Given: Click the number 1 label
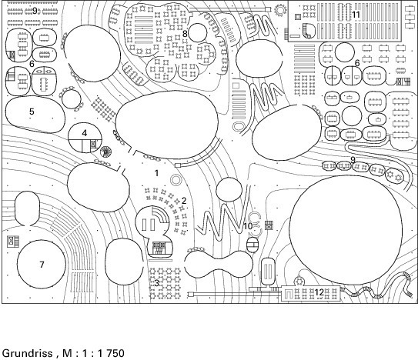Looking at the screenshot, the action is pos(156,173).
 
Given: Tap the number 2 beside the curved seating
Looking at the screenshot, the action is pos(184,201).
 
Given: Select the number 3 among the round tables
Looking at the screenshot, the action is pos(156,283).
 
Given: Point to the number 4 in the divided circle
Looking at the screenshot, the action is pos(85,133).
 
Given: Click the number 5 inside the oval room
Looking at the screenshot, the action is pos(32,112).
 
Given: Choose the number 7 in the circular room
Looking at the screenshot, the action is pos(42,265).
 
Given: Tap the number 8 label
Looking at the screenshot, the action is pos(185,34).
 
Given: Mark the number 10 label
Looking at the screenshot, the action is pos(248,226).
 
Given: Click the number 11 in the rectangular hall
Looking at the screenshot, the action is pos(356,15).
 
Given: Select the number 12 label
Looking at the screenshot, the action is pos(319,292).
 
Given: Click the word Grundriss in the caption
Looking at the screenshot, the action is pos(28,353).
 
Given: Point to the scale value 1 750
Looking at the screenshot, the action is pos(111,353).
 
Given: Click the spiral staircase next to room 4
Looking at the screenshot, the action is pos(105,152).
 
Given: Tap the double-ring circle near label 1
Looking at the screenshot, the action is pos(176,180).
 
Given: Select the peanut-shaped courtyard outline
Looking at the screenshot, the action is pos(219,264).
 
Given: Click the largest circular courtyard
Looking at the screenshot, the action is pos(346,231).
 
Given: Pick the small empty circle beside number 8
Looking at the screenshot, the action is pos(197,33).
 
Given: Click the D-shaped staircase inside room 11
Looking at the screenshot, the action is pos(309,31).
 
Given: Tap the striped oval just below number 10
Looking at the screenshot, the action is pos(252,245).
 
